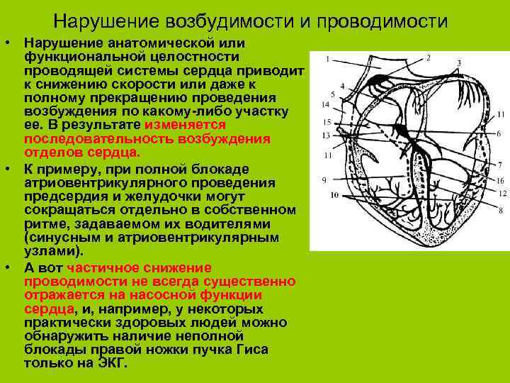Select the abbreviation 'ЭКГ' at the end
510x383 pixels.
[112, 362]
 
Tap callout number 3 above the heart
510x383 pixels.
[458, 64]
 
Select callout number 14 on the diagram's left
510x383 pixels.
[326, 105]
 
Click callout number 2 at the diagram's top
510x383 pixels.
[429, 57]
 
